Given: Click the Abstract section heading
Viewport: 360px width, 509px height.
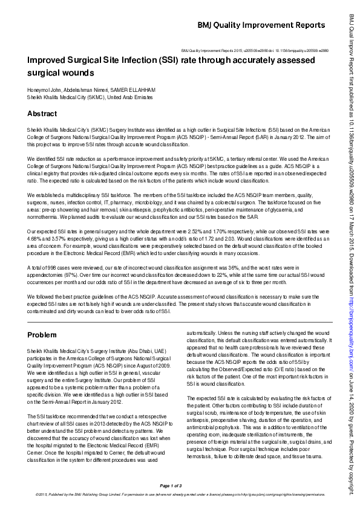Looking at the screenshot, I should [x=42, y=114].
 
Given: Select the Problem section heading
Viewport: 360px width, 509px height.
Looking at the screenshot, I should [x=43, y=335].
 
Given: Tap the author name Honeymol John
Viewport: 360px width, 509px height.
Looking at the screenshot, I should [x=43, y=89].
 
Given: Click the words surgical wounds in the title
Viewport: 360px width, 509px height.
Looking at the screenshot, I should [x=61, y=73].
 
